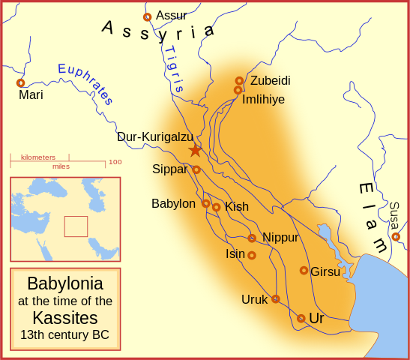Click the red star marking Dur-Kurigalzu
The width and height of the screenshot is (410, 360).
(195, 150)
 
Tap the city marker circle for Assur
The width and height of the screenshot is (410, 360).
(147, 16)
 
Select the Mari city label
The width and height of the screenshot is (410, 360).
(31, 95)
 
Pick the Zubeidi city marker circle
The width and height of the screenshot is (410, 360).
(239, 80)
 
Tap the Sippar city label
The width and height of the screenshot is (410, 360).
(169, 169)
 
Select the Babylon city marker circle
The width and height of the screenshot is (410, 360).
(205, 203)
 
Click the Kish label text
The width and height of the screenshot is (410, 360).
(237, 207)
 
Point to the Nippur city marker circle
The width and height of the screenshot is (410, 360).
(252, 238)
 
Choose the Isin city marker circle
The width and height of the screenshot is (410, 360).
(252, 255)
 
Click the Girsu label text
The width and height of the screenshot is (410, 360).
(325, 271)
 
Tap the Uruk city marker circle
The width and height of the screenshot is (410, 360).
(275, 298)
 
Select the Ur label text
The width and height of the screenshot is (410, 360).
(316, 319)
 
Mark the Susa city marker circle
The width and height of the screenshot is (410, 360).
(396, 237)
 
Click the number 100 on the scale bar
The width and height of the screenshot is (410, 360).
(115, 162)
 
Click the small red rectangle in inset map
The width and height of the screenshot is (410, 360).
(76, 226)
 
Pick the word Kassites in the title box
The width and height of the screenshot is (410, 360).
(65, 317)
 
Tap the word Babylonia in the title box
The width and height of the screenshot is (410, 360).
(65, 284)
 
